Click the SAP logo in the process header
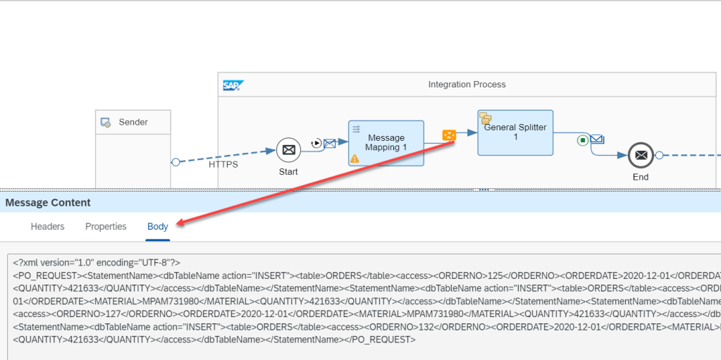click(x=233, y=85)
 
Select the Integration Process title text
click(x=467, y=85)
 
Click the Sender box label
click(x=133, y=122)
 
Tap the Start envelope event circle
click(x=288, y=149)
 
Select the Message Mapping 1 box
click(x=386, y=142)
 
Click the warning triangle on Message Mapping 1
click(x=355, y=159)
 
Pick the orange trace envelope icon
click(x=449, y=135)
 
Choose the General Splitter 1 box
click(x=515, y=132)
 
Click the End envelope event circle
click(x=640, y=155)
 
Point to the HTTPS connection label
click(x=223, y=164)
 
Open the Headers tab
click(x=47, y=227)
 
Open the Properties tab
click(x=106, y=227)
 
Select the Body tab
click(x=158, y=227)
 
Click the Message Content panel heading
click(x=48, y=203)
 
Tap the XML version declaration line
click(x=97, y=262)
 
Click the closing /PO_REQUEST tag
click(x=383, y=340)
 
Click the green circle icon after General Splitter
click(x=582, y=140)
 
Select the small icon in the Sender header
click(x=106, y=123)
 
